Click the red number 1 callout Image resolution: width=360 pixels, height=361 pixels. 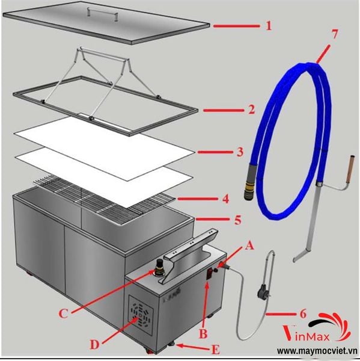click(x=269, y=25)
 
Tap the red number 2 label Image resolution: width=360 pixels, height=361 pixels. click(x=252, y=110)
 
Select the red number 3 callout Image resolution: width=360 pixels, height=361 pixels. click(x=240, y=152)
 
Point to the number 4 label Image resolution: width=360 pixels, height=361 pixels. click(x=226, y=199)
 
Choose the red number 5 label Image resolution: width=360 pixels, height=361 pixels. click(x=238, y=220)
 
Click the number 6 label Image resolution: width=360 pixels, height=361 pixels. click(x=304, y=313)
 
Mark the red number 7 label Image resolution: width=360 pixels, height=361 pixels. click(x=334, y=34)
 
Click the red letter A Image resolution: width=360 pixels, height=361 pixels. click(x=249, y=246)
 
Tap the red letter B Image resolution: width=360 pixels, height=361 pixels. click(x=203, y=333)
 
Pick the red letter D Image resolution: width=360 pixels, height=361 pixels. click(x=94, y=344)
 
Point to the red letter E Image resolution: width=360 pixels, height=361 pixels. click(x=216, y=350)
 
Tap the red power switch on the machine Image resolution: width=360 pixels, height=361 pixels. click(x=210, y=274)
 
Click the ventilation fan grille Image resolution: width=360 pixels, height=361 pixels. click(x=141, y=315)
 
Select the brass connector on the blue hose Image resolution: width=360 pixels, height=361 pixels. click(x=249, y=188)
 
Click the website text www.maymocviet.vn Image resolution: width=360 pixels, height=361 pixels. click(x=317, y=351)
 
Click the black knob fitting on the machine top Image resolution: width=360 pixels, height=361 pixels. click(x=159, y=268)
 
